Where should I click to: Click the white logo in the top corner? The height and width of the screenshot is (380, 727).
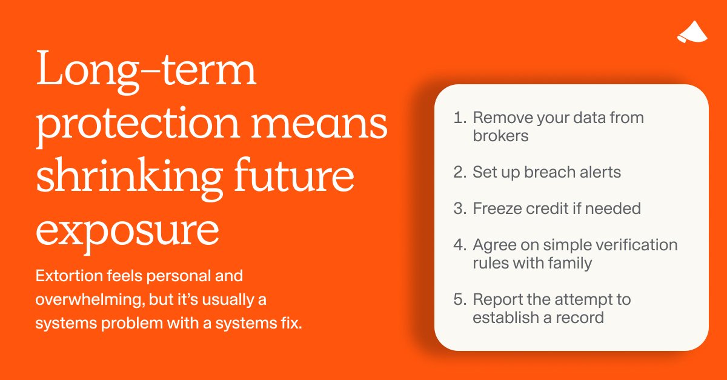point(691,32)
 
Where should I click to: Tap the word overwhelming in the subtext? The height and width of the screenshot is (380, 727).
point(79,300)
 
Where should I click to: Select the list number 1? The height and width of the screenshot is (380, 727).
point(459,118)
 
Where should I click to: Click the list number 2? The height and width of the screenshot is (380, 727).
point(459,172)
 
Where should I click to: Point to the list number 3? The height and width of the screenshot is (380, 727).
point(459,208)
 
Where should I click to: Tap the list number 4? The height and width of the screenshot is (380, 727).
point(459,245)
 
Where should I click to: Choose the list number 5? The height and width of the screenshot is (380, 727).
point(459,299)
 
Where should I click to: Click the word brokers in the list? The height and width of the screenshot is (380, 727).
point(500,136)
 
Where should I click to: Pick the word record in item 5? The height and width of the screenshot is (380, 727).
point(578,318)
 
